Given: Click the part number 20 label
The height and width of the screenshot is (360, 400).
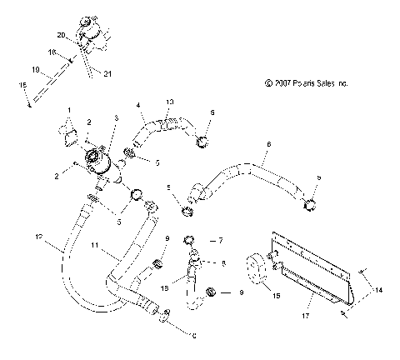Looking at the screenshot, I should point(61,35).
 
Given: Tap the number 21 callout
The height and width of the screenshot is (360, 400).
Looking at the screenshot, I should point(107,74).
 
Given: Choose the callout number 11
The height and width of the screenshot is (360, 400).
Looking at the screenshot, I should point(96,247).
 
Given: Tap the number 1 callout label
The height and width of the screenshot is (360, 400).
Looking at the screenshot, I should point(69,110).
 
